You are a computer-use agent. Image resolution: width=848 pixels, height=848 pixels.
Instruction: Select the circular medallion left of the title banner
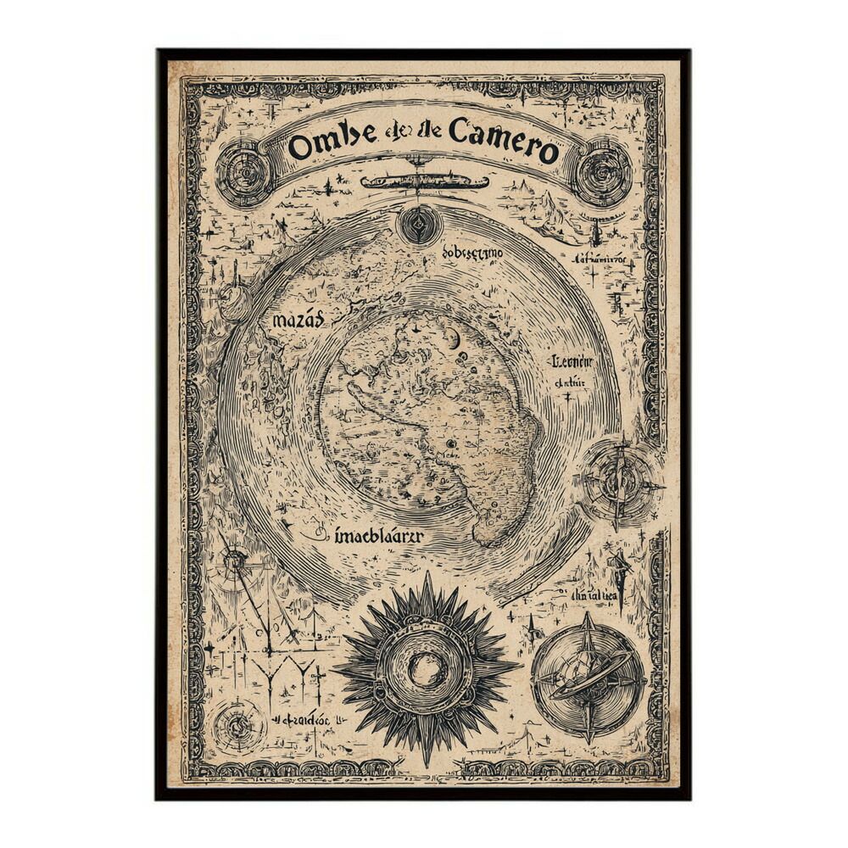[243, 174]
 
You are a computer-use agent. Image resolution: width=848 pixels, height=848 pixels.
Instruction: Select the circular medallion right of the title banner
[603, 174]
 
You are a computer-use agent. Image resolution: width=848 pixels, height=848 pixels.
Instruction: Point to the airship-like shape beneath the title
[424, 181]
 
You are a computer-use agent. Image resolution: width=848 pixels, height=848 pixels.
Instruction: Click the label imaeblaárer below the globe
[378, 536]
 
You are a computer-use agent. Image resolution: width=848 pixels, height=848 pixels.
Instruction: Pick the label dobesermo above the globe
[471, 254]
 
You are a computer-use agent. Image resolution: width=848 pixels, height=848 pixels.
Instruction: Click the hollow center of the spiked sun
[425, 670]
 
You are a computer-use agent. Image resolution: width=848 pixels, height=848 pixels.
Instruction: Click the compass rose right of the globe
[620, 483]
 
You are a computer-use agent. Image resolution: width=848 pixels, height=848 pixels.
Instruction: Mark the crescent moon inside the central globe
[455, 339]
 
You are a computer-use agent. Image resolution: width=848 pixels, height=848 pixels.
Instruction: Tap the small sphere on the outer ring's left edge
[233, 301]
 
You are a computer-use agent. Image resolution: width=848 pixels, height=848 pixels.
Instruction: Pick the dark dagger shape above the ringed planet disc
[622, 577]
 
